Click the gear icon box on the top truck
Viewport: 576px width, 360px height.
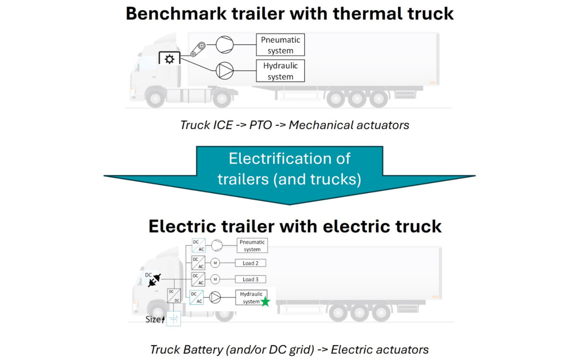click(169, 59)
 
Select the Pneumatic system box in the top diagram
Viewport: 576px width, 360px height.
click(281, 45)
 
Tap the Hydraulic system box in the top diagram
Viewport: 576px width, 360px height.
click(281, 71)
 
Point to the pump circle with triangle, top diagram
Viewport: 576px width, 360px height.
click(224, 71)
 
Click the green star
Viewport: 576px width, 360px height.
click(265, 302)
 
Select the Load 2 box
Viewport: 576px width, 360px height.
click(251, 263)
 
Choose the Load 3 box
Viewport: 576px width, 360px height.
click(251, 279)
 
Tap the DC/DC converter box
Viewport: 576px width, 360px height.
click(173, 296)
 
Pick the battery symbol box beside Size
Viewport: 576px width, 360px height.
click(173, 319)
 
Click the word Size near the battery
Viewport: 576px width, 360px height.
click(153, 319)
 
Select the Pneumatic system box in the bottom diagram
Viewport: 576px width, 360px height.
click(252, 246)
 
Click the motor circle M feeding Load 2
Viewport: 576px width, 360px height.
click(216, 263)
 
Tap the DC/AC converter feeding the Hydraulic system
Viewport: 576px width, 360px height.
click(196, 298)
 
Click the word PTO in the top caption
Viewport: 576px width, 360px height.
click(261, 125)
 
